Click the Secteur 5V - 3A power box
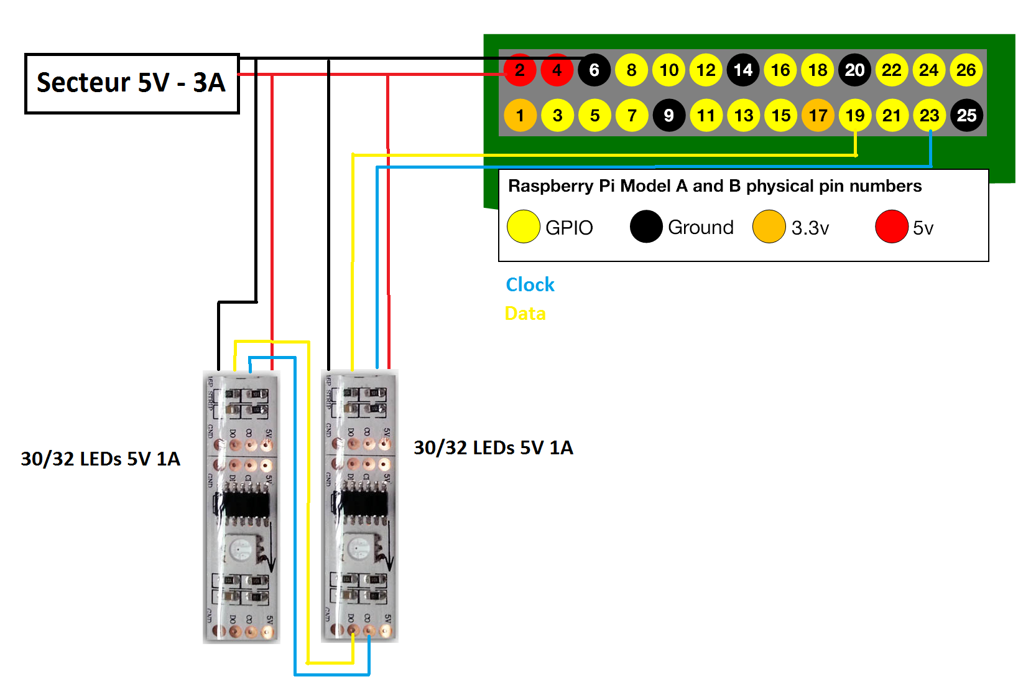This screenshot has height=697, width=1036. (x=132, y=83)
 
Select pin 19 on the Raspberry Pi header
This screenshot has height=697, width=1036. (x=855, y=116)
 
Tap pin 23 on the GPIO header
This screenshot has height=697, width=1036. (x=929, y=116)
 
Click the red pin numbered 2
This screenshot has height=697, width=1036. (x=520, y=70)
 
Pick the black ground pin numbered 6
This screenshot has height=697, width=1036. (x=594, y=70)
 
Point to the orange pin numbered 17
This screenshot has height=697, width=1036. (x=818, y=116)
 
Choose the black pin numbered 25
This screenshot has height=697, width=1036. (x=966, y=116)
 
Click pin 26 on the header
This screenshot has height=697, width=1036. (x=966, y=70)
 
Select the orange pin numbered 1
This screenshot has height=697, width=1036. (x=520, y=116)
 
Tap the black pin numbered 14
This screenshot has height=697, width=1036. (x=743, y=70)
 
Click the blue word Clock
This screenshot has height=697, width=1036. (x=530, y=284)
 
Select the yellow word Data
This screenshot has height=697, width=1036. (x=525, y=313)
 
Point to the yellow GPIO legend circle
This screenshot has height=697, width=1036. (x=524, y=227)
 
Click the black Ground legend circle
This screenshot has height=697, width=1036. (x=646, y=227)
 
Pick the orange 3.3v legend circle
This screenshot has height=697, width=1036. (x=769, y=227)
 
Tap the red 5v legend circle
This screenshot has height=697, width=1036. (x=892, y=227)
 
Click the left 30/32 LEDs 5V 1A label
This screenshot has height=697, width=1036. (x=101, y=459)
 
